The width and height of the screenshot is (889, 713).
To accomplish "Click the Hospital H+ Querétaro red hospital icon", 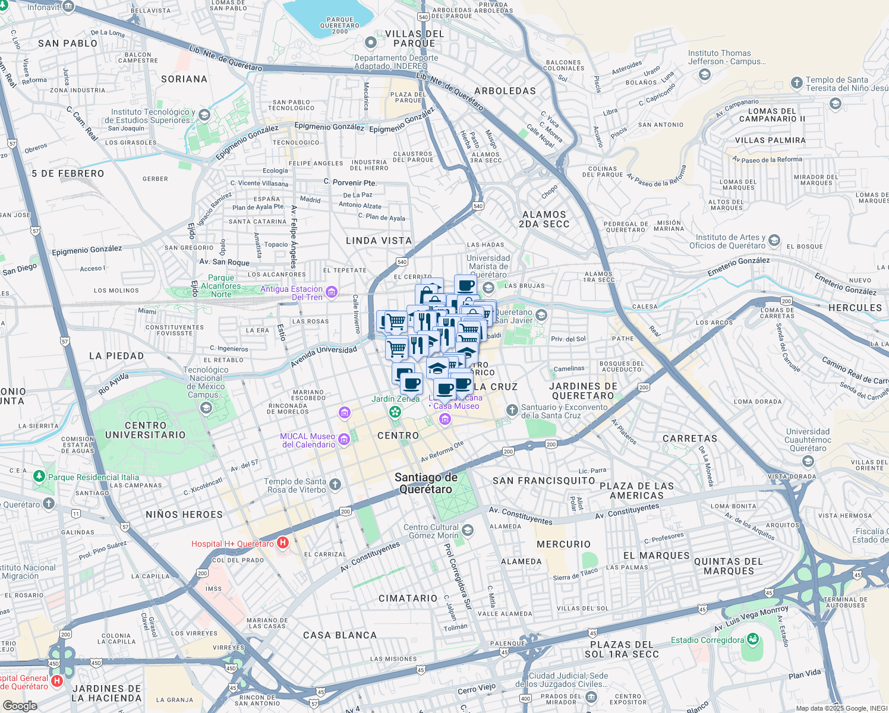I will pos(283,542).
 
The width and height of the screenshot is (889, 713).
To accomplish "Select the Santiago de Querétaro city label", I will pos(426,483).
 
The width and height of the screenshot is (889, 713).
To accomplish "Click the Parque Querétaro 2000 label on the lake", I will pos(340,26).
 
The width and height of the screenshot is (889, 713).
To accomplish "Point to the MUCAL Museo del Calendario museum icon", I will pos(344,440).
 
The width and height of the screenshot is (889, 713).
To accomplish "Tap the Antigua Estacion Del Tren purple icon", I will pos(332,292).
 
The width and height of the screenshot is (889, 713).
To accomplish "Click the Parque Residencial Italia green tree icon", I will pos(39,476).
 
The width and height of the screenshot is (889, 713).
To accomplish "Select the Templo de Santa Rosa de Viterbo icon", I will pos(335,485).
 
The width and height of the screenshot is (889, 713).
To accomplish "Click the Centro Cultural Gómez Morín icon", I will pos(468,530).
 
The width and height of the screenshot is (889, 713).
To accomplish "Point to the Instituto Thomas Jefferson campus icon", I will pos(705,74).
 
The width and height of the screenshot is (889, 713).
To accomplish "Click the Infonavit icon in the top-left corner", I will pos(68,7).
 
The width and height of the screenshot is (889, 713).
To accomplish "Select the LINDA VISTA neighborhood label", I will pos(379,241).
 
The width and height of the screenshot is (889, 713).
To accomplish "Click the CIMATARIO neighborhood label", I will pos(408,598).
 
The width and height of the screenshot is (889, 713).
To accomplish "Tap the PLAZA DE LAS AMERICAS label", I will pos(636,491).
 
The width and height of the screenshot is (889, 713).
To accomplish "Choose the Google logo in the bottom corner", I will pos(20,705).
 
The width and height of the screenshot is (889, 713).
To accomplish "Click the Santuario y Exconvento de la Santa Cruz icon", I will pos(512,411).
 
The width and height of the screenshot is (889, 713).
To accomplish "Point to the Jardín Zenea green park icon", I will pos(395,411).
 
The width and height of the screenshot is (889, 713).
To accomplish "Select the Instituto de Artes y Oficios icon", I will pos(774,241).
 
